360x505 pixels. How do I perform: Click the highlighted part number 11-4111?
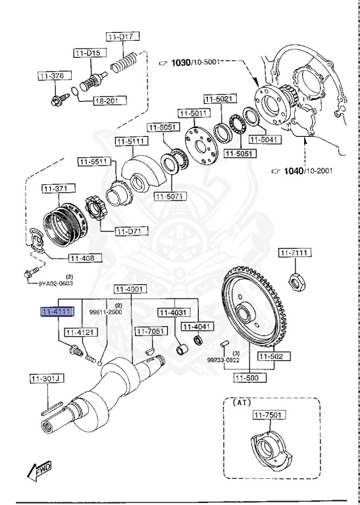(x=57, y=312)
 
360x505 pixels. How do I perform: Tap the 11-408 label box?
(x=83, y=258)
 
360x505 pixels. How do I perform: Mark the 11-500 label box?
(x=248, y=378)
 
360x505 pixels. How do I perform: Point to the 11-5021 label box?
(x=218, y=99)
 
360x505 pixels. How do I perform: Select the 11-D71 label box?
(x=132, y=231)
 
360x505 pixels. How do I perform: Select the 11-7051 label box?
(x=150, y=331)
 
